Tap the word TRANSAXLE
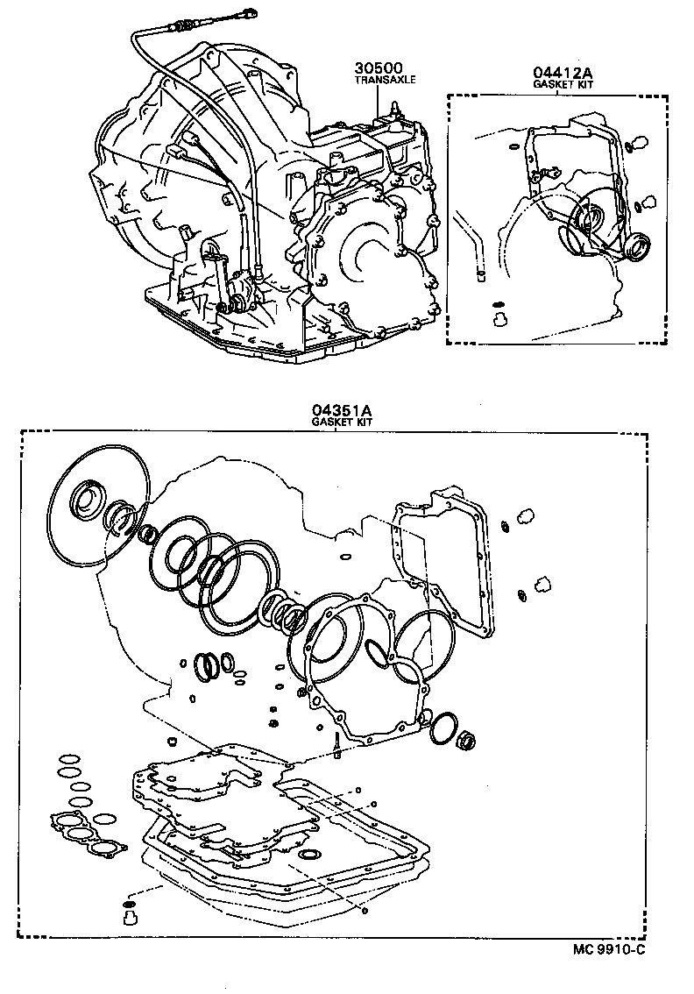(385, 79)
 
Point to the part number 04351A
(343, 410)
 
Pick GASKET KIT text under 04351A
(343, 422)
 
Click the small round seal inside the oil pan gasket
(310, 854)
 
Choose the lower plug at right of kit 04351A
(542, 585)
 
